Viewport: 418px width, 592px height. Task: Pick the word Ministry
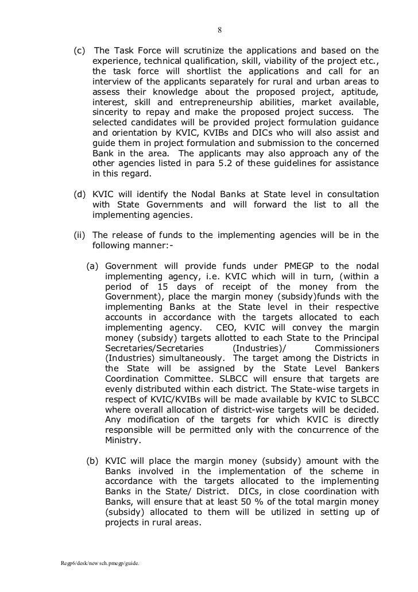pyautogui.click(x=125, y=442)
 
